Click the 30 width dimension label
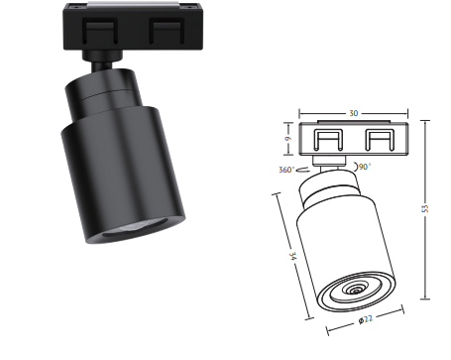353,113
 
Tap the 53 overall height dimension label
425,208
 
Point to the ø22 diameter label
366,319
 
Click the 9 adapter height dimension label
288,138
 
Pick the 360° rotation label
286,170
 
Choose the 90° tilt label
365,167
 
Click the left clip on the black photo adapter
100,32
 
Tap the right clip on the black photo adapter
167,32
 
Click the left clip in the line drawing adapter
328,140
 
